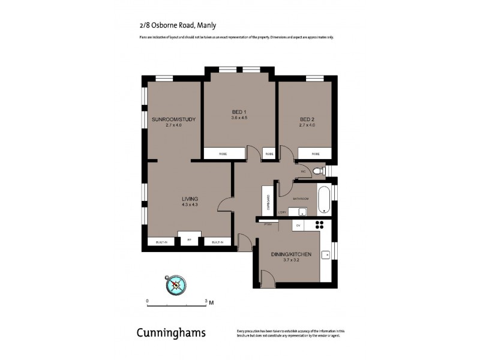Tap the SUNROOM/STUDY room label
point(174,119)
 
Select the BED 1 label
point(239,112)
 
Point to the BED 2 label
point(307,119)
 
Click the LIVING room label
point(190,199)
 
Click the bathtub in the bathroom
point(324,200)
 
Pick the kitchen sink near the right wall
point(326,255)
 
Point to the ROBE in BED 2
point(316,154)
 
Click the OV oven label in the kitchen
point(298,226)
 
